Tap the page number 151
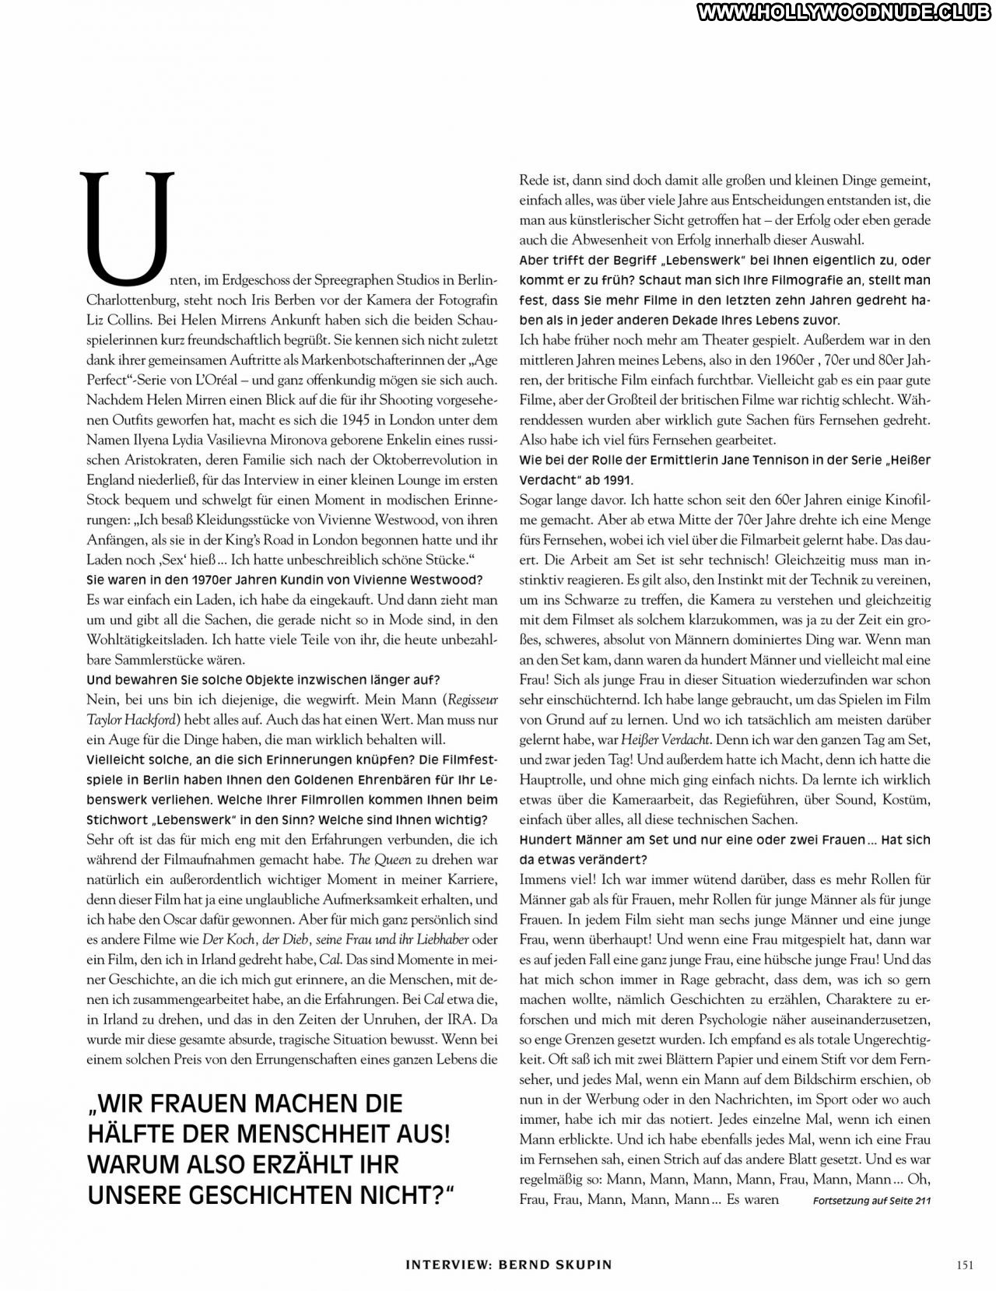(x=963, y=1265)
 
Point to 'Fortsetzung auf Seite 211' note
(x=871, y=1201)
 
